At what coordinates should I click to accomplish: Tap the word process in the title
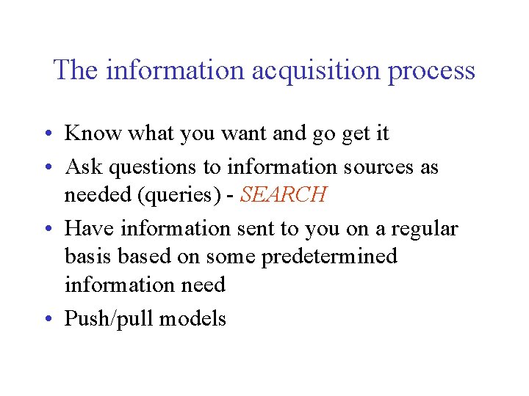tap(431, 71)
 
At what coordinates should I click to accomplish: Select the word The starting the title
tap(76, 70)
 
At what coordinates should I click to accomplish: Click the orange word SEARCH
tap(283, 195)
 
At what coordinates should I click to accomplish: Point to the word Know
tap(93, 133)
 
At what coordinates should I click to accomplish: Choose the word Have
tap(89, 229)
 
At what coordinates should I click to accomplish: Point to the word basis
tap(88, 257)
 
